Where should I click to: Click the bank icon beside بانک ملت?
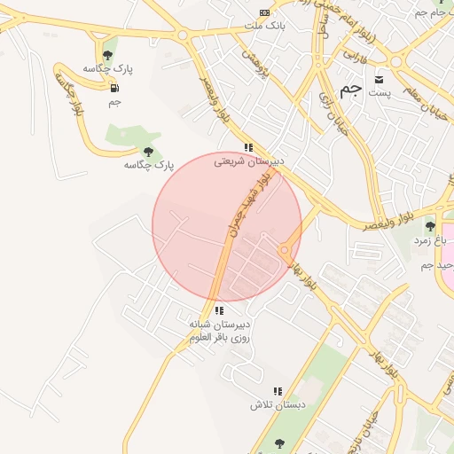(x=264, y=12)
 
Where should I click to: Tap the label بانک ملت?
(x=266, y=26)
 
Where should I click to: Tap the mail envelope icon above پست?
(x=380, y=78)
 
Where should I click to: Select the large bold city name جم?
(x=351, y=90)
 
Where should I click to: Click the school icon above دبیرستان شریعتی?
(x=249, y=148)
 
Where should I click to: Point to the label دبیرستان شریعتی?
(x=249, y=162)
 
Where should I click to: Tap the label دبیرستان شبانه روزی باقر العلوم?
(x=219, y=331)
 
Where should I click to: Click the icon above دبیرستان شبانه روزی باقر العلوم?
(x=218, y=310)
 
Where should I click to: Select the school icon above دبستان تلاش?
(x=278, y=391)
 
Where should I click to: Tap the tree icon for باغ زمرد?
(x=431, y=226)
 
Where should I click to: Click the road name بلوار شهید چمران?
(x=249, y=202)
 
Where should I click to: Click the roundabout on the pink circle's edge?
(x=285, y=251)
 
